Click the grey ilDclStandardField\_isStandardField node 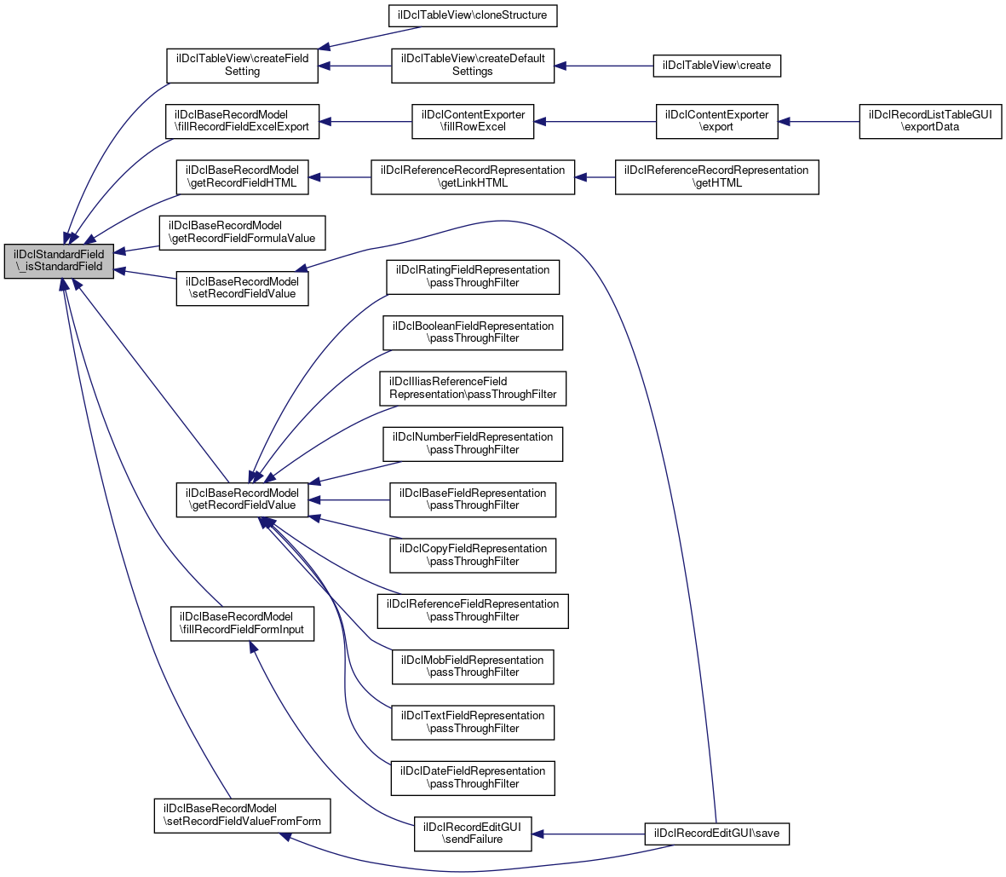pyautogui.click(x=58, y=260)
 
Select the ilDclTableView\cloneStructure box pyautogui.click(x=473, y=15)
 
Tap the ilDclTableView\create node pyautogui.click(x=716, y=66)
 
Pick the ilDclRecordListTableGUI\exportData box pyautogui.click(x=930, y=121)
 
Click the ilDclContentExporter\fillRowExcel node pyautogui.click(x=473, y=121)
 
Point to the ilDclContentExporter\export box pyautogui.click(x=716, y=121)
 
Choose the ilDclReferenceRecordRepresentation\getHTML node pyautogui.click(x=716, y=176)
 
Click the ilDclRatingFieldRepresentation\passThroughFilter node pyautogui.click(x=473, y=276)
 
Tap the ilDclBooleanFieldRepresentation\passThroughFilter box pyautogui.click(x=473, y=332)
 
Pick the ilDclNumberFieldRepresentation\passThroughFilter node pyautogui.click(x=473, y=443)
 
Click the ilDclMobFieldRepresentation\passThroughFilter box pyautogui.click(x=473, y=666)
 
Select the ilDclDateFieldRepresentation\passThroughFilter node pyautogui.click(x=473, y=777)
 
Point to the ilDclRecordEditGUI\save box pyautogui.click(x=717, y=833)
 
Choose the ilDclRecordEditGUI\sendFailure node pyautogui.click(x=473, y=833)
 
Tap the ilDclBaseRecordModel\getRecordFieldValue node pyautogui.click(x=242, y=499)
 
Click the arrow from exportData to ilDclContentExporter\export pyautogui.click(x=818, y=121)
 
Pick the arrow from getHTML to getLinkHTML pyautogui.click(x=595, y=176)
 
